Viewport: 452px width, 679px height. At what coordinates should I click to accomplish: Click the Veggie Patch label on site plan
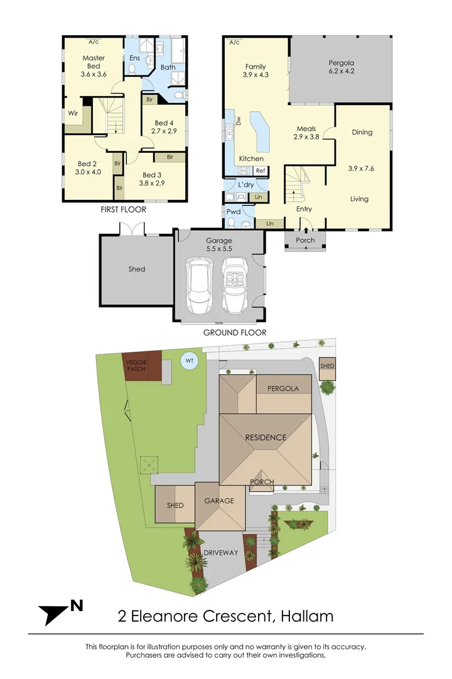(x=136, y=365)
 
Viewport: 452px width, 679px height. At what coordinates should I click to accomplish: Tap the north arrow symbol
(x=60, y=610)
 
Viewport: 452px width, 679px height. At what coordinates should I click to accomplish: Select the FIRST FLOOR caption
(x=124, y=210)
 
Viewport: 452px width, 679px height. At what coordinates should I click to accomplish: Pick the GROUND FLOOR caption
(x=234, y=333)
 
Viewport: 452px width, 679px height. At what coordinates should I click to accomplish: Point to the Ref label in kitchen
(x=260, y=170)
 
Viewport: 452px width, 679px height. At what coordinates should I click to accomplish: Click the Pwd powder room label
(x=233, y=213)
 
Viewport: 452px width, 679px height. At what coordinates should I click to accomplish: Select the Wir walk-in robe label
(x=73, y=114)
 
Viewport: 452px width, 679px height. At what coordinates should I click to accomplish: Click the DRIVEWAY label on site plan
(x=221, y=553)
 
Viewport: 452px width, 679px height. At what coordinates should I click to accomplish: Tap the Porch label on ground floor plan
(x=305, y=240)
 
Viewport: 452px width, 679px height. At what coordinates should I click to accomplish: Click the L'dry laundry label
(x=245, y=185)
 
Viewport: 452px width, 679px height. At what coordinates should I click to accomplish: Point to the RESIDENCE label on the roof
(x=266, y=438)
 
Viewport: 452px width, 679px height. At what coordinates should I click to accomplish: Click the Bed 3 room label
(x=153, y=175)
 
